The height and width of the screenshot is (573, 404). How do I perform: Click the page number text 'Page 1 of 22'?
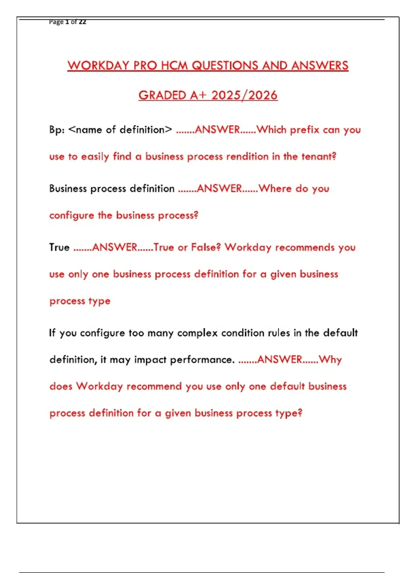(x=67, y=22)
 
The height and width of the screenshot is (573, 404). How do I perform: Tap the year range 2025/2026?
(x=244, y=95)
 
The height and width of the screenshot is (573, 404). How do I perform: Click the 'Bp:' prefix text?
(x=57, y=130)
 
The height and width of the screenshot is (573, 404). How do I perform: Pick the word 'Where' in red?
(x=275, y=189)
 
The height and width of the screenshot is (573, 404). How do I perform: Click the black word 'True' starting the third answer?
(x=59, y=248)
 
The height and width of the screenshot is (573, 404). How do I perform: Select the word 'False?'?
(x=206, y=248)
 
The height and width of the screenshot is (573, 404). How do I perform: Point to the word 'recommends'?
(x=305, y=248)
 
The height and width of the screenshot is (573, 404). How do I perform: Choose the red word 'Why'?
(x=330, y=360)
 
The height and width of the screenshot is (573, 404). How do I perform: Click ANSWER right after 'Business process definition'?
(x=219, y=189)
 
